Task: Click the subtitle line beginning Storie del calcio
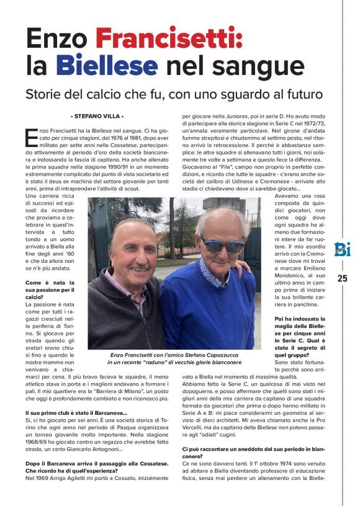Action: (174, 95)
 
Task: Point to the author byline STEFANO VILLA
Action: (97, 116)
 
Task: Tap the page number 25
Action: (342, 278)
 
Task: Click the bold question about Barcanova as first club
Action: (76, 413)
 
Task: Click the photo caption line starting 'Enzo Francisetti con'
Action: (174, 353)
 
